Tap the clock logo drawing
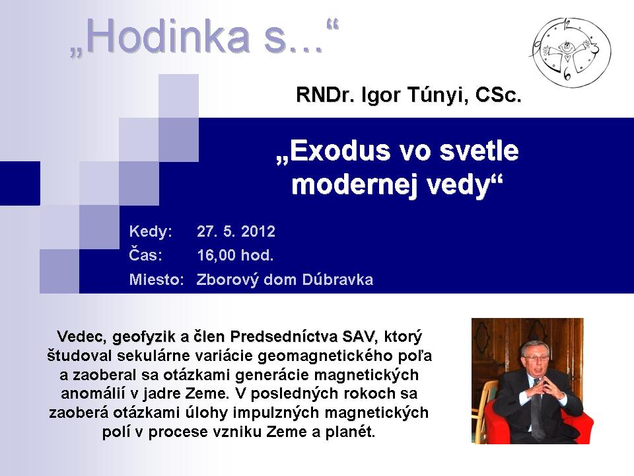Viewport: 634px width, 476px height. pyautogui.click(x=571, y=52)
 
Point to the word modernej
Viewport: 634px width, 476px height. pyautogui.click(x=356, y=184)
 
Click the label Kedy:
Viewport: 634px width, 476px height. pyautogui.click(x=151, y=232)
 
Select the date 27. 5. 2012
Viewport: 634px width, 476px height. pyautogui.click(x=236, y=231)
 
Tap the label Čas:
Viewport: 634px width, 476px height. pyautogui.click(x=145, y=255)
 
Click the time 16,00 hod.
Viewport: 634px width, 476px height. pyautogui.click(x=235, y=255)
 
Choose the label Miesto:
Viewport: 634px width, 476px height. pyautogui.click(x=157, y=280)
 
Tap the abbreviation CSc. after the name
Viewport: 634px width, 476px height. pyautogui.click(x=499, y=95)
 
